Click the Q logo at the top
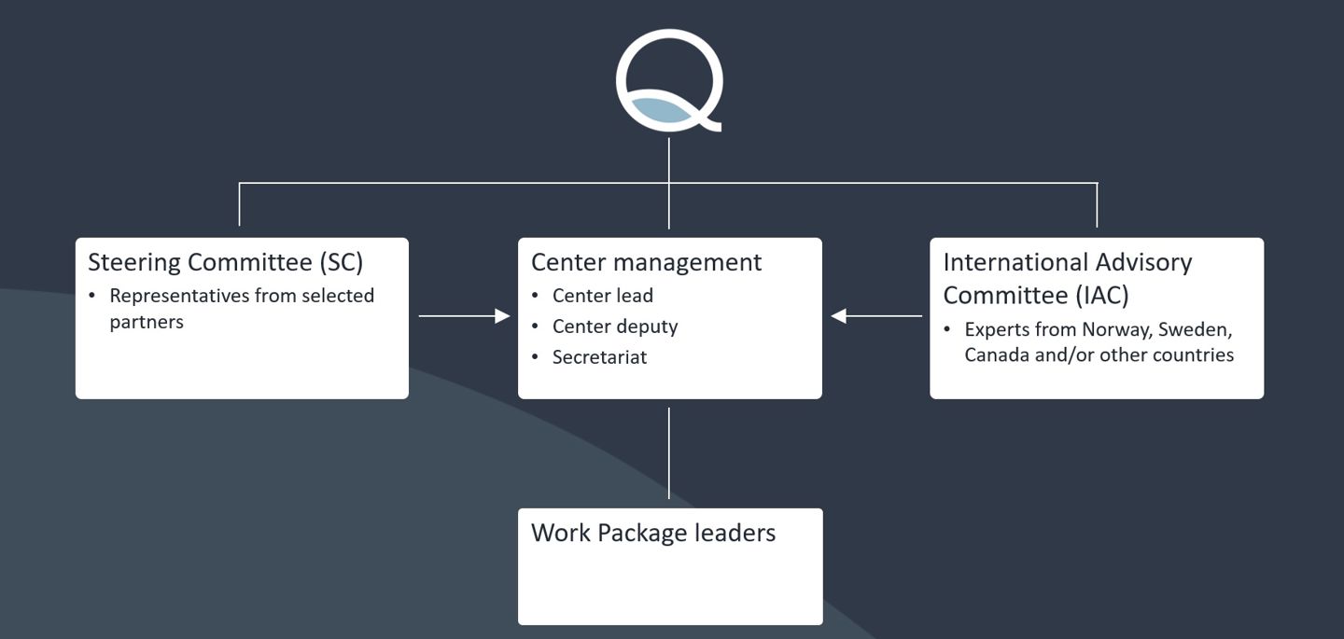coord(669,80)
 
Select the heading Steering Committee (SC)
coord(225,262)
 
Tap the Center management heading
coord(646,262)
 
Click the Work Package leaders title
coord(652,533)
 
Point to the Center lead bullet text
coord(602,296)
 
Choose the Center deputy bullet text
coord(615,326)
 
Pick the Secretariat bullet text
coord(599,357)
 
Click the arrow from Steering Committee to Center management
coord(464,316)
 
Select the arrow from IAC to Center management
coord(876,316)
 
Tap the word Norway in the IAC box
coord(1115,329)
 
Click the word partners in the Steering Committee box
coord(147,322)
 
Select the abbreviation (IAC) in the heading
coord(1101,296)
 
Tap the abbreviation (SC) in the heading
coord(341,262)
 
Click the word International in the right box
coord(1017,262)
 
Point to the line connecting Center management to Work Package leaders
coord(669,453)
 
